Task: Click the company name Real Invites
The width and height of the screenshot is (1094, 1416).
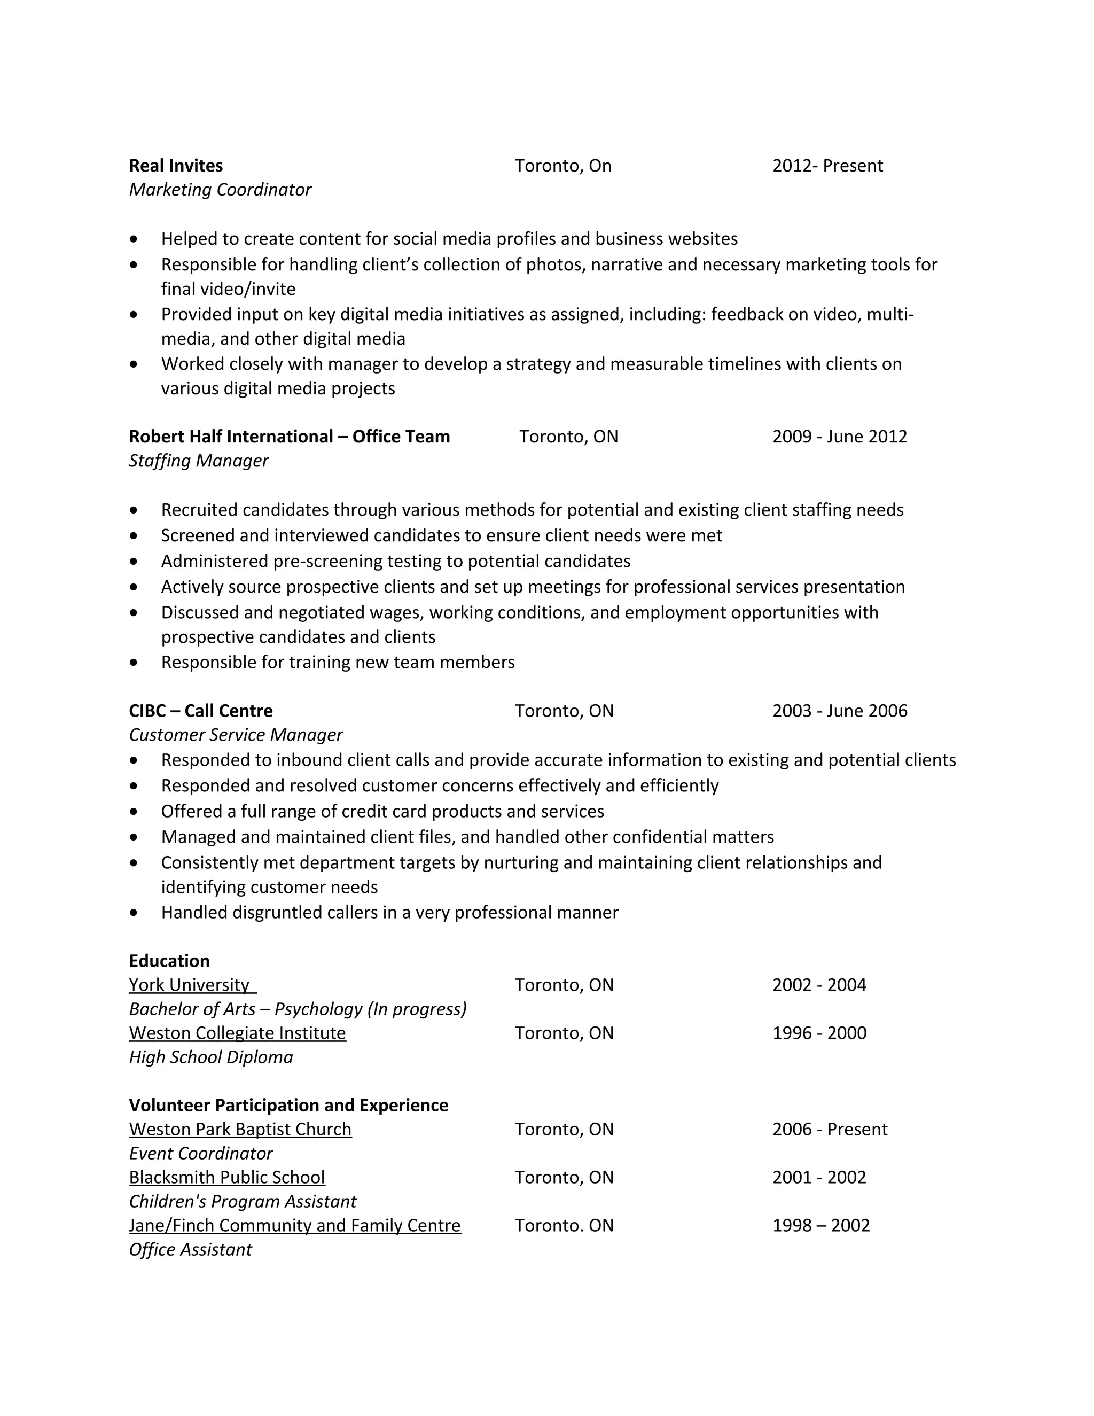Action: [x=176, y=166]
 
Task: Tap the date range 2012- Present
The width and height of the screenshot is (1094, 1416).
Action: [x=827, y=166]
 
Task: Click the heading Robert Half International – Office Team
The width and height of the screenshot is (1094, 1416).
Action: [x=289, y=437]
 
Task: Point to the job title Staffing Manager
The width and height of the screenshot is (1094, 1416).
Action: [x=198, y=461]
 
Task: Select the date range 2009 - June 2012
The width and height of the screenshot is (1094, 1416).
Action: [x=839, y=437]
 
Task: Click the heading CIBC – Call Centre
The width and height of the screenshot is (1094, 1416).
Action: [x=200, y=711]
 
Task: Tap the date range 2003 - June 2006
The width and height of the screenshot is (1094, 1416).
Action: [x=839, y=711]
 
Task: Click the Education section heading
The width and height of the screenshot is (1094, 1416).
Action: [x=169, y=961]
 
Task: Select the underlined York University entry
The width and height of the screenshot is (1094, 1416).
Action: [x=189, y=985]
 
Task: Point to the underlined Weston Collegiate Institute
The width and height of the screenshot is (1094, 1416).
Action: [x=237, y=1033]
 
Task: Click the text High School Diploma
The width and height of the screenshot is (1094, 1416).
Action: [x=210, y=1057]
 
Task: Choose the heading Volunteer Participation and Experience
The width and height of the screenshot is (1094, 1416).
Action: [x=288, y=1106]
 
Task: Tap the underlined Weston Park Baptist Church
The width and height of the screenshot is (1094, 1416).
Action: [x=240, y=1130]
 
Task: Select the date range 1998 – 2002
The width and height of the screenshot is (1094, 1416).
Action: [x=820, y=1225]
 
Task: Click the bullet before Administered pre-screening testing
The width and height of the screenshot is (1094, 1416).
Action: [x=134, y=562]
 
